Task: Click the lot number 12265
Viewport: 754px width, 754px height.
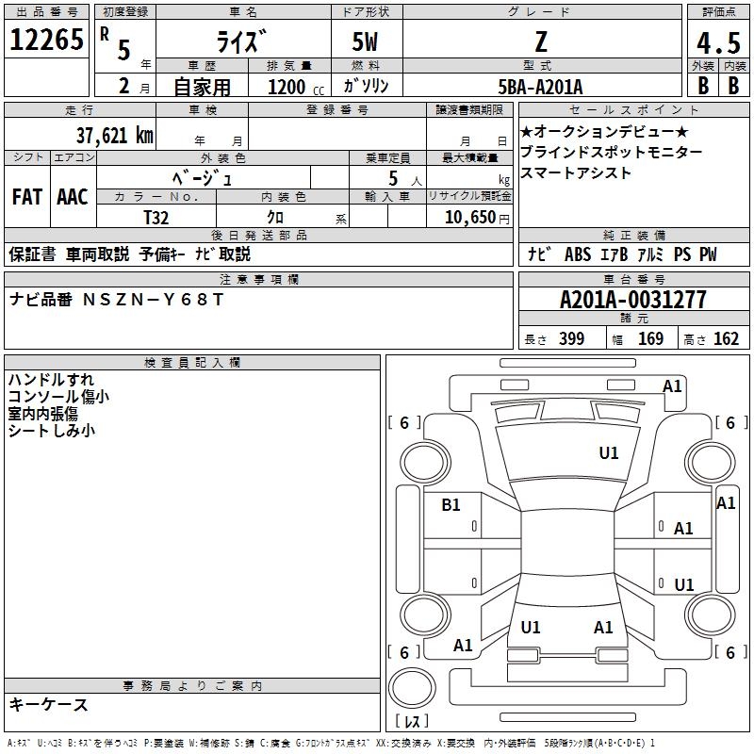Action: [x=46, y=41]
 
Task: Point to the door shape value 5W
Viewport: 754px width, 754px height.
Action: [x=369, y=42]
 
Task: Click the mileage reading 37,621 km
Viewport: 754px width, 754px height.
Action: [x=114, y=135]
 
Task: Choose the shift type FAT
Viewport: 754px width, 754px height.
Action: [x=26, y=197]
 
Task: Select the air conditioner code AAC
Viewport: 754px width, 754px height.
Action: [x=72, y=197]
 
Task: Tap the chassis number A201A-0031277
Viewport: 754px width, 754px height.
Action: [x=632, y=300]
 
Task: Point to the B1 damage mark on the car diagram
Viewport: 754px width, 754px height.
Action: [x=451, y=505]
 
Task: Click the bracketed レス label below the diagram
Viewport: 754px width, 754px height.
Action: [x=411, y=723]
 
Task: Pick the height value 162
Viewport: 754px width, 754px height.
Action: [x=726, y=338]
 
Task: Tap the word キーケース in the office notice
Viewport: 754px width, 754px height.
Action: [x=48, y=704]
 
